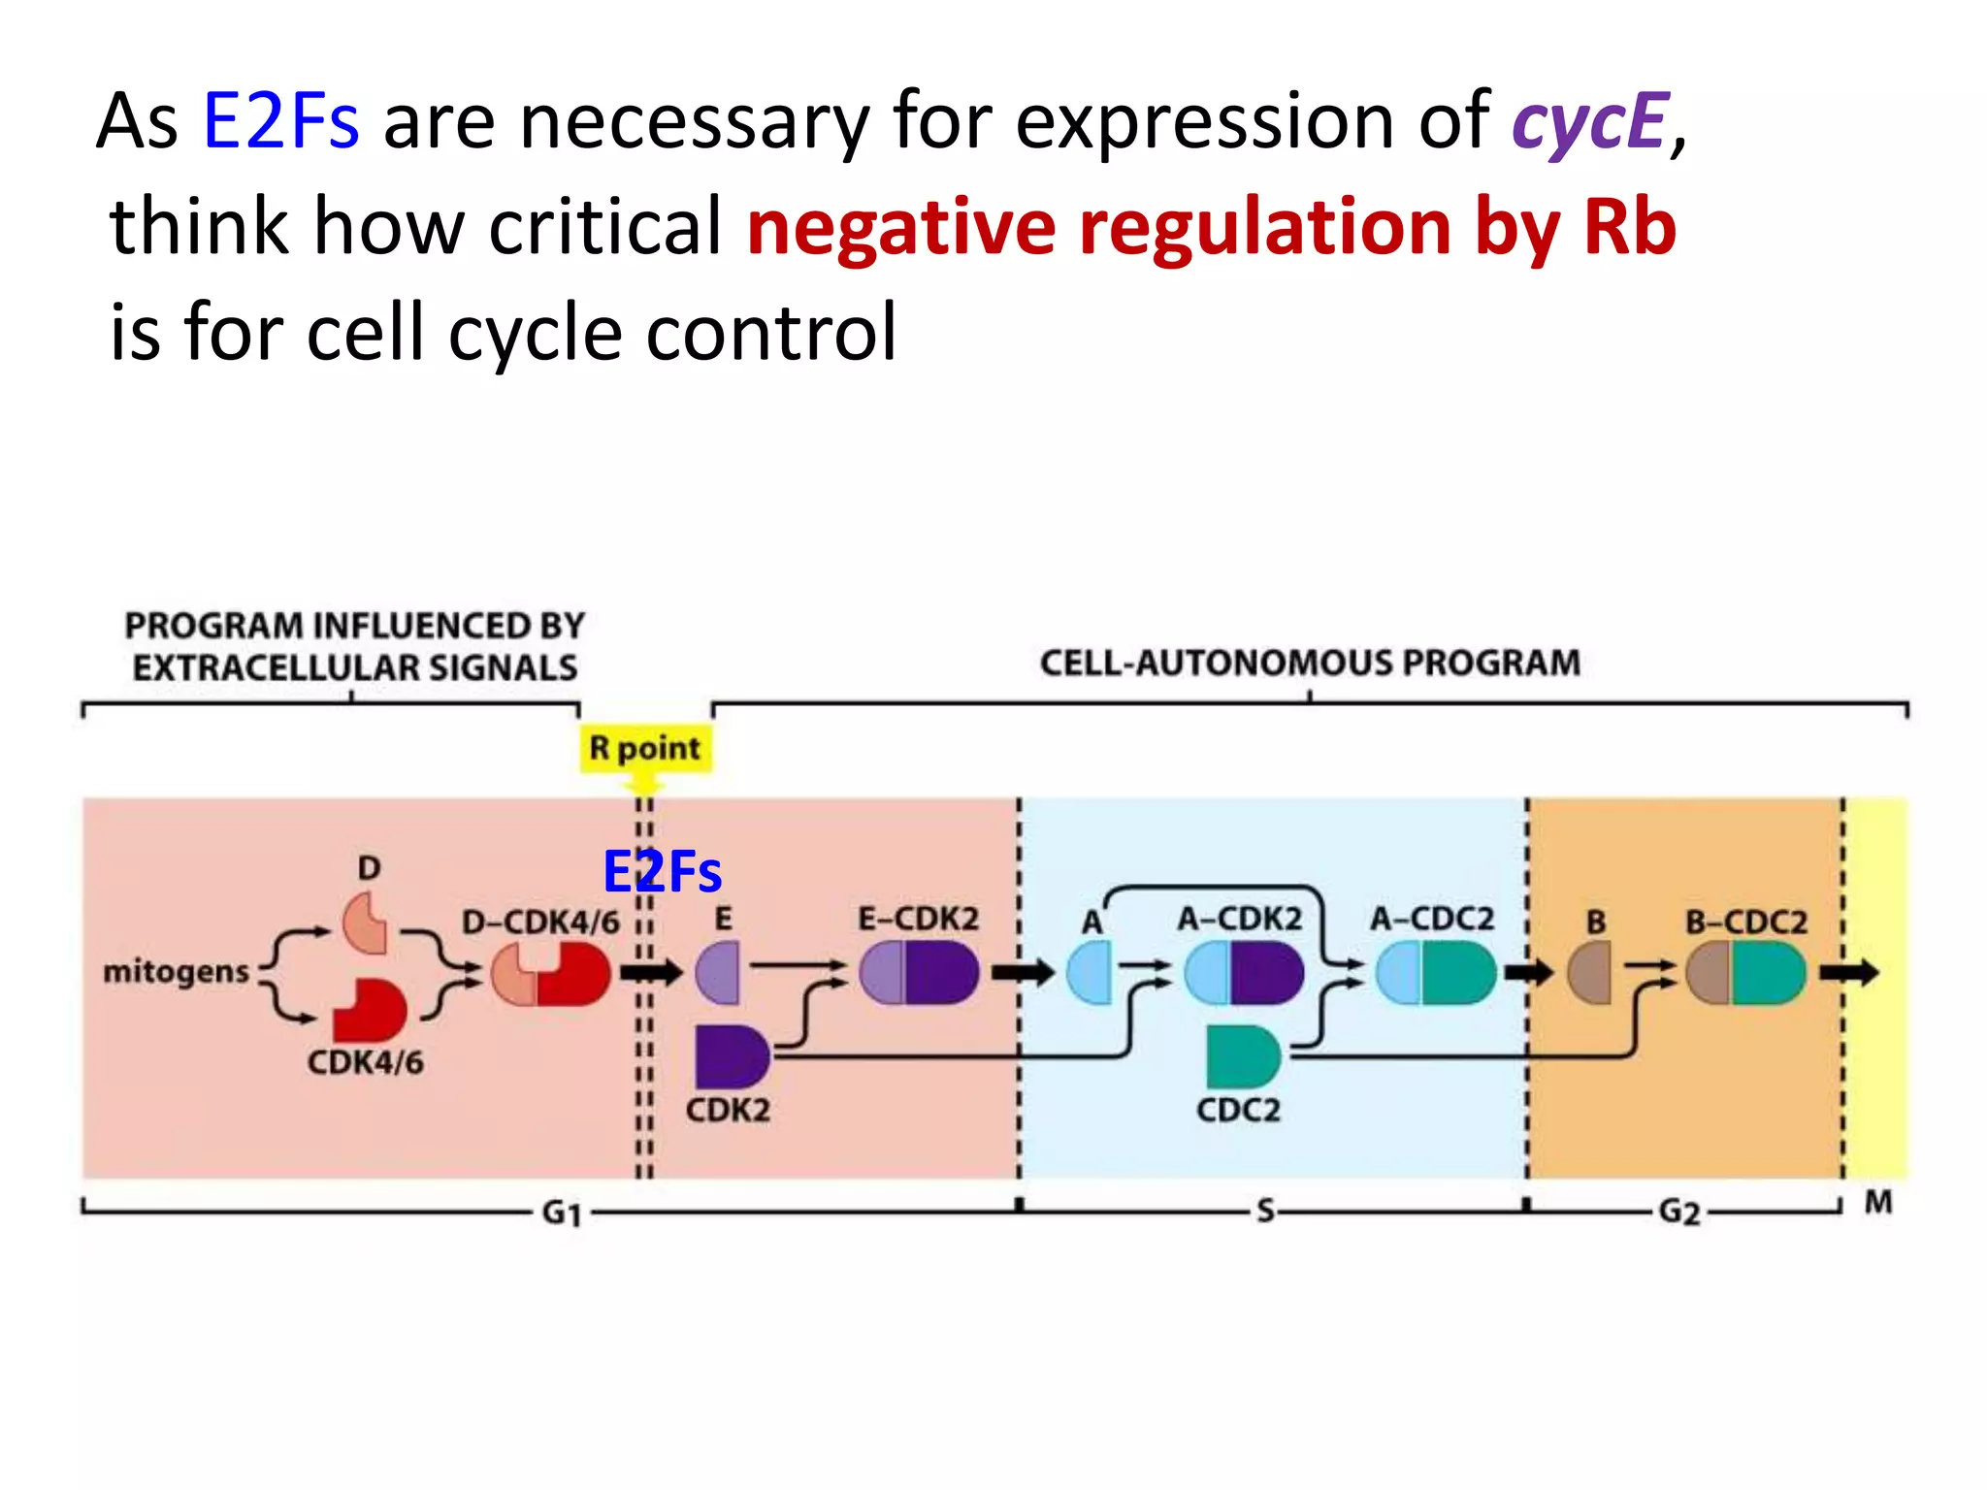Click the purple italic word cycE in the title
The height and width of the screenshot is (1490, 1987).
(1589, 123)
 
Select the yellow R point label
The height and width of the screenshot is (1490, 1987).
(645, 748)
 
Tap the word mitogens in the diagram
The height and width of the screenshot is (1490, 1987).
(176, 971)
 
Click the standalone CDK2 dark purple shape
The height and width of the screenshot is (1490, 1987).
(731, 1056)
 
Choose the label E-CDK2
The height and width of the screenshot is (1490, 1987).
(918, 919)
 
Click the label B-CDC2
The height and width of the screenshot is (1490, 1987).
(1745, 922)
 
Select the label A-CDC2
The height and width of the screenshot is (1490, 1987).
(1432, 919)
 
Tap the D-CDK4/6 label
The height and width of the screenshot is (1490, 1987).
(539, 922)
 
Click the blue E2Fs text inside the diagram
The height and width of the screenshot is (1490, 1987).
(662, 871)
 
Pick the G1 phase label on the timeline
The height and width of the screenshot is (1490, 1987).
(562, 1212)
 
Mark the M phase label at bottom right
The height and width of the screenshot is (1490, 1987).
(1878, 1203)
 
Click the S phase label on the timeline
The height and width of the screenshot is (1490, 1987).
(1265, 1211)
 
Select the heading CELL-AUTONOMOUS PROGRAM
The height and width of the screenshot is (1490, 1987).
(1310, 663)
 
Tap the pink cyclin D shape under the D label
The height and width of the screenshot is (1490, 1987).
(365, 923)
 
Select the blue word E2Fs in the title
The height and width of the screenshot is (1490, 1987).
(280, 122)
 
